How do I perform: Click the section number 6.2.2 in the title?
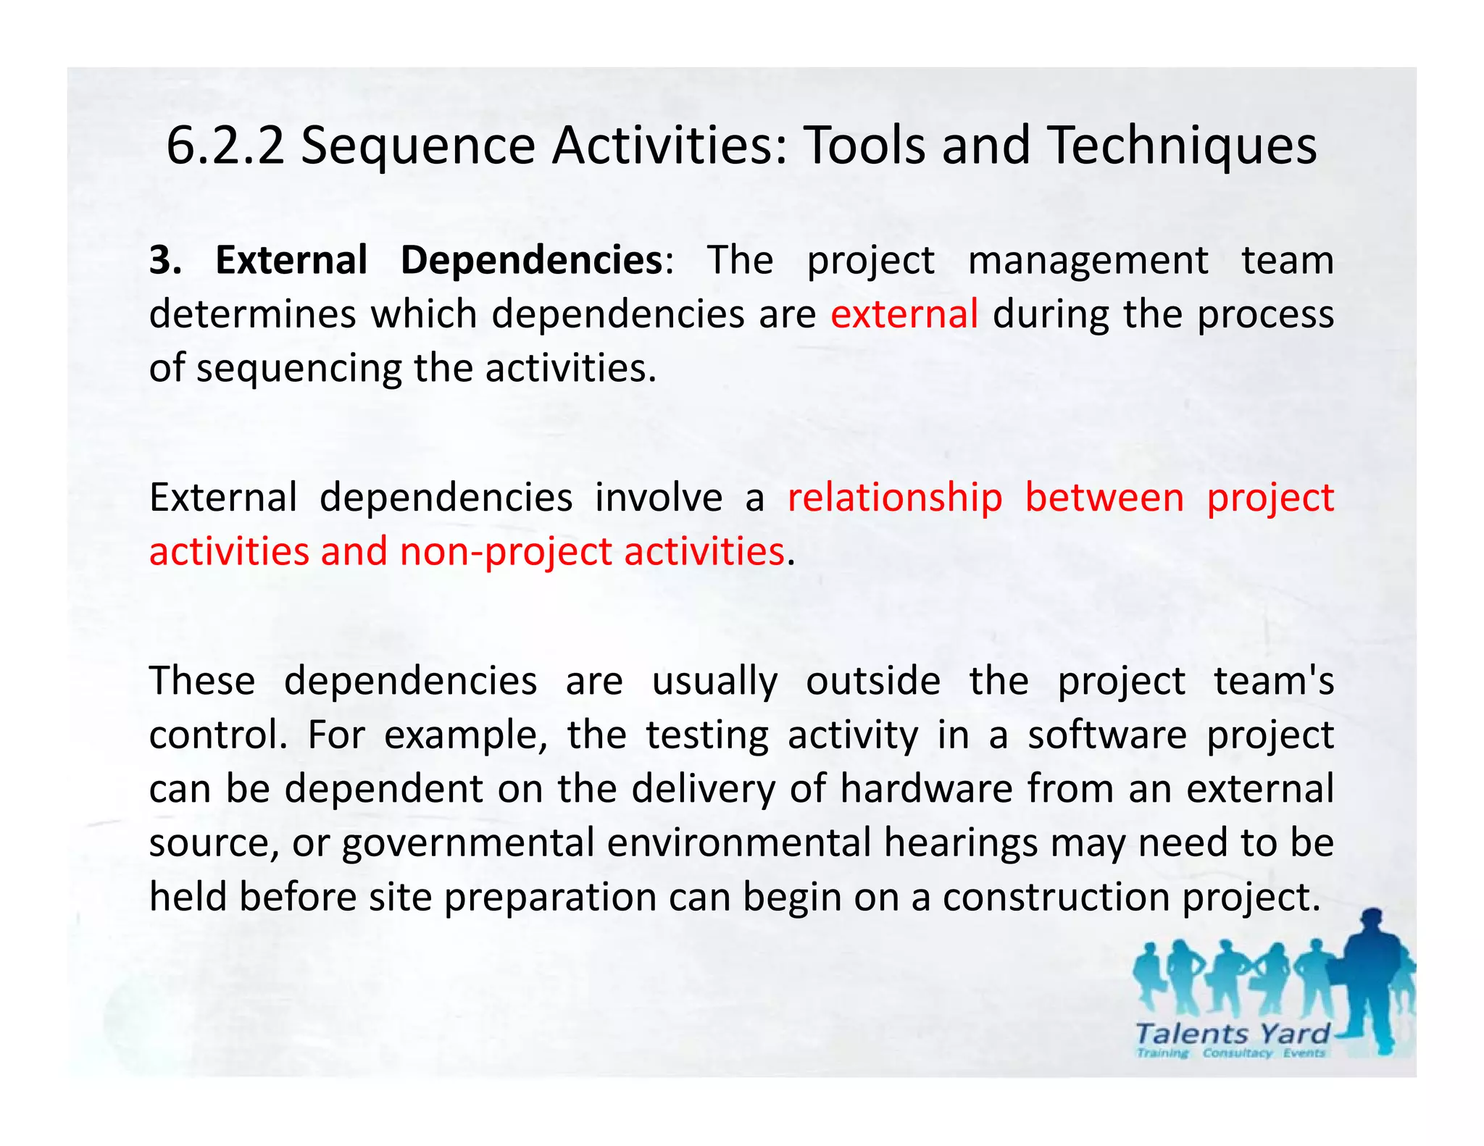225,146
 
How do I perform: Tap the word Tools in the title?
865,146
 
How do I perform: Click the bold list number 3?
165,260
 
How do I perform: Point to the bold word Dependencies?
531,260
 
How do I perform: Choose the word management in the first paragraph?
1088,260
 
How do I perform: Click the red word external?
904,314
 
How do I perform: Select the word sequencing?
298,369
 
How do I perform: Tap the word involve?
659,498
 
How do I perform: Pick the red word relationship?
895,498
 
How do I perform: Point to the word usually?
714,681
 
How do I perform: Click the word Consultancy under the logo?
1237,1053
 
